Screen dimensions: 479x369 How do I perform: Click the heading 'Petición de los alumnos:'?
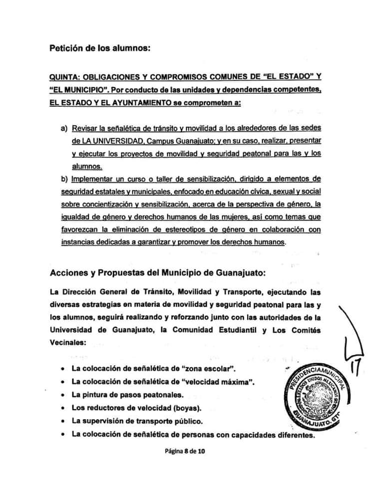point(100,48)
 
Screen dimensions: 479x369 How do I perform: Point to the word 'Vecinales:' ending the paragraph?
point(67,343)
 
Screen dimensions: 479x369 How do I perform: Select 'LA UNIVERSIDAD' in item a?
point(102,141)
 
